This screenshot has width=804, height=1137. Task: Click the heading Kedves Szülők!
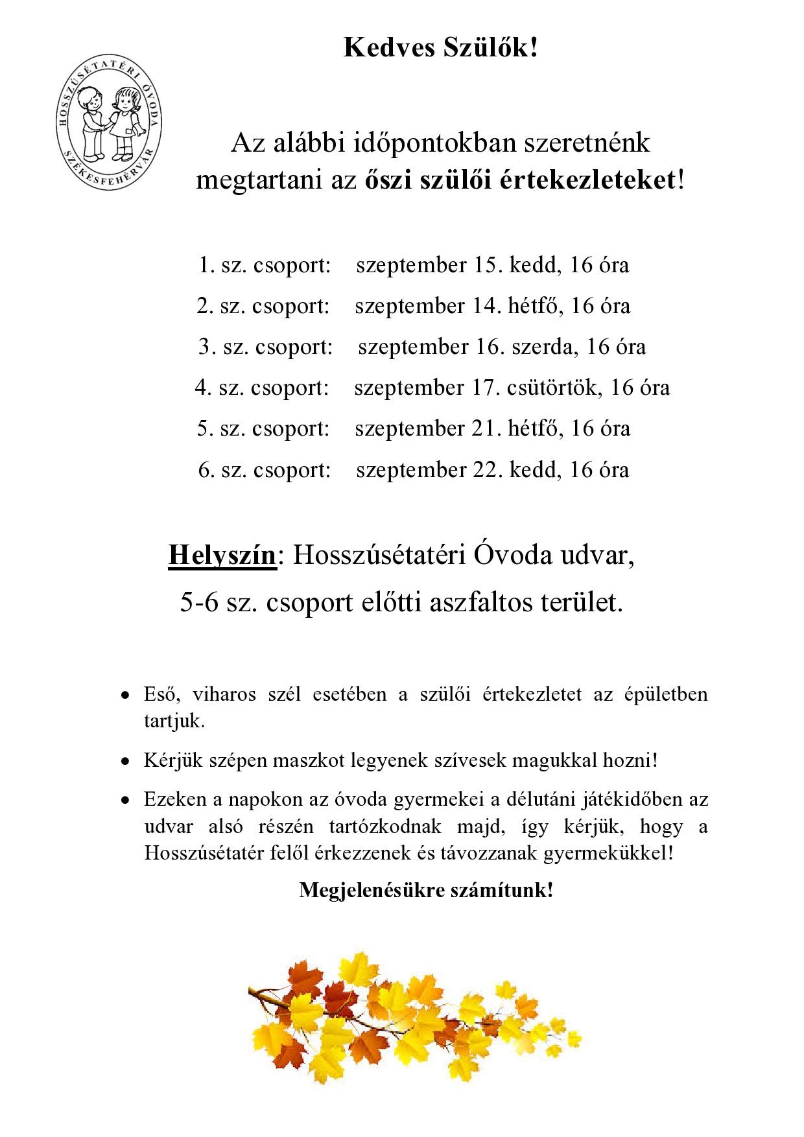440,48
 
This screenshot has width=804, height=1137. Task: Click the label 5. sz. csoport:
263,428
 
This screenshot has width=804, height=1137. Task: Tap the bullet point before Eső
125,696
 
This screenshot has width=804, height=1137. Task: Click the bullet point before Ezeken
125,801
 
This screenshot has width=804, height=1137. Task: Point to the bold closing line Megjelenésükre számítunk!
426,890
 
